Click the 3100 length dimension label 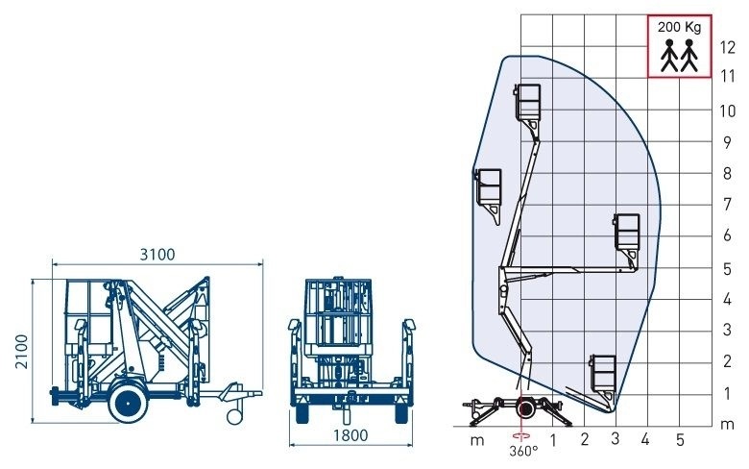tap(157, 255)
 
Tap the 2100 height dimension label tap(21, 352)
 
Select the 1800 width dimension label tap(350, 435)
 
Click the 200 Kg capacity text tap(679, 27)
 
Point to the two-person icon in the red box tap(679, 56)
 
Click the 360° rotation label tap(523, 451)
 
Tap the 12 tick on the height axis tap(728, 47)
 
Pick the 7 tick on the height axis tap(727, 204)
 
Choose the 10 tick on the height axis tap(728, 111)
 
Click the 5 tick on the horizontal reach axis tap(680, 439)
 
